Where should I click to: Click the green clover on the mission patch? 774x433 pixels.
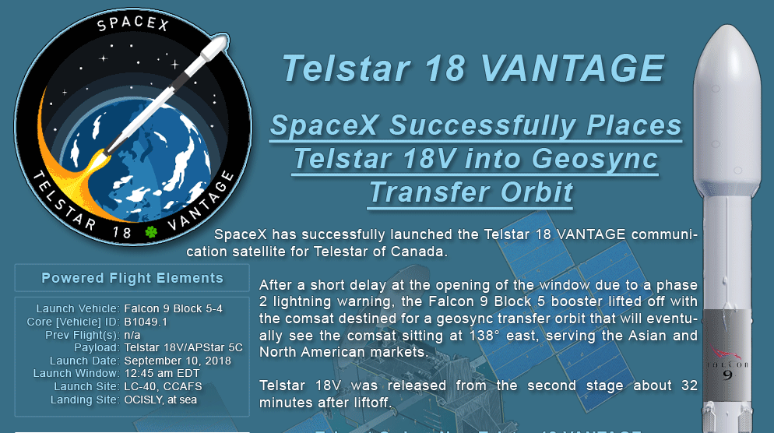151,231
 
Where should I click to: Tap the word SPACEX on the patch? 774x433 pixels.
133,23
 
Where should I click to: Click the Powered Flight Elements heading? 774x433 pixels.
132,278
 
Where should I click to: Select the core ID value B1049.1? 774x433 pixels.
146,322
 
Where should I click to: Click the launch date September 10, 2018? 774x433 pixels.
178,361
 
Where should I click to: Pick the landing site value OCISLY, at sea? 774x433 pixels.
160,400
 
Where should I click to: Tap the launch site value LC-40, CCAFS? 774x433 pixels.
163,386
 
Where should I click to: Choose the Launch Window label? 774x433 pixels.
76,373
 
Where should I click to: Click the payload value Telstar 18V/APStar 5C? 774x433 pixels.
183,347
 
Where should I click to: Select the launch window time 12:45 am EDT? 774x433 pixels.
162,373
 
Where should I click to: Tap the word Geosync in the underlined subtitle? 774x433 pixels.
594,159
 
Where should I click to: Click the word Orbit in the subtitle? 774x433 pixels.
537,192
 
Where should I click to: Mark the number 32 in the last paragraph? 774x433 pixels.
689,385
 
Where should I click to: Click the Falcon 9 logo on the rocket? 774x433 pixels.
727,364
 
